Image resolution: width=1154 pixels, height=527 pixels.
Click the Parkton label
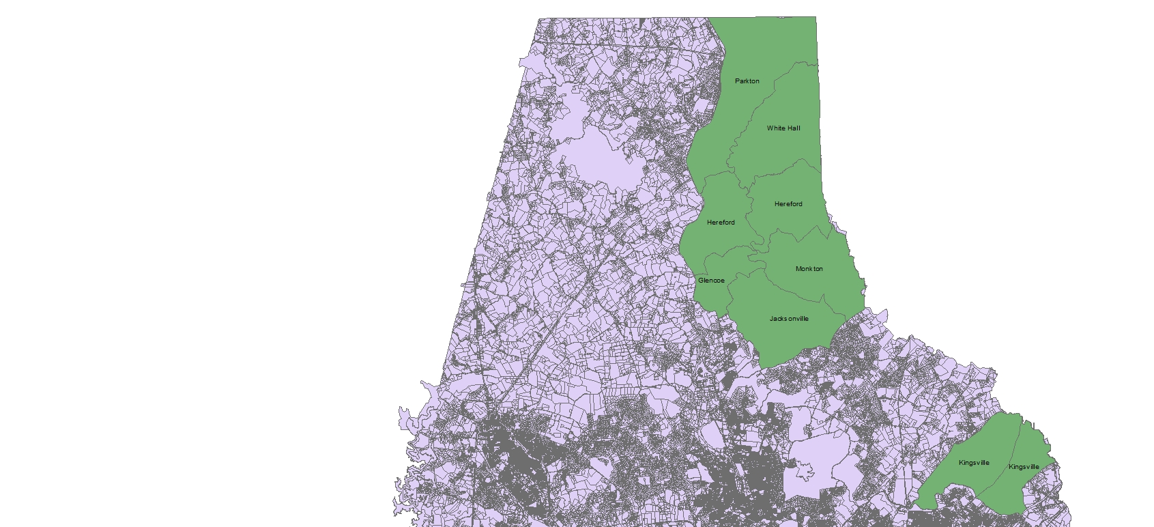pyautogui.click(x=747, y=81)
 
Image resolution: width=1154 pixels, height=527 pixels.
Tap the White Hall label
pyautogui.click(x=783, y=128)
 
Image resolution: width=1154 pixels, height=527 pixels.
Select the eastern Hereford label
pyautogui.click(x=788, y=204)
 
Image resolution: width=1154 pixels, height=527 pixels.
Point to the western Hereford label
pyautogui.click(x=721, y=223)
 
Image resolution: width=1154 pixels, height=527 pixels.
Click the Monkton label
pyautogui.click(x=809, y=269)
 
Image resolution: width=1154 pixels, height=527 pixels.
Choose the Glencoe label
pyautogui.click(x=711, y=281)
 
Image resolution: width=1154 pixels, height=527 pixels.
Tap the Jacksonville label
pyautogui.click(x=789, y=319)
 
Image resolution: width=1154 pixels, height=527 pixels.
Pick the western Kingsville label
pyautogui.click(x=974, y=463)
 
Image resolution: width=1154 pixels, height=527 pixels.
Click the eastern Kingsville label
pyautogui.click(x=1024, y=467)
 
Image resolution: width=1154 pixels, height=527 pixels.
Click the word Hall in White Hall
pyautogui.click(x=793, y=128)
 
